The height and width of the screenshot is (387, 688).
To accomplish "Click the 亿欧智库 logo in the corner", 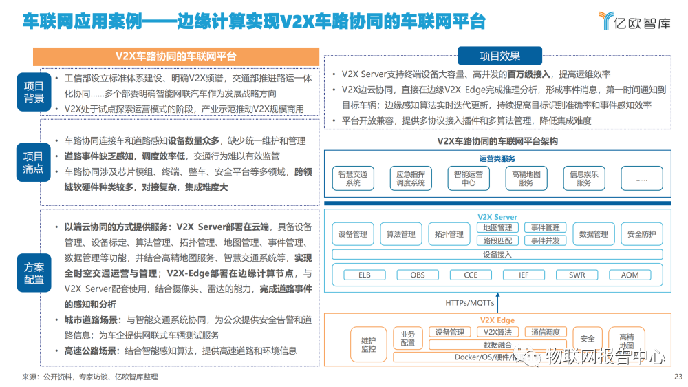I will click(x=634, y=21).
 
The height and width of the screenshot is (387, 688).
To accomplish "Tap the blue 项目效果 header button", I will click(x=500, y=56).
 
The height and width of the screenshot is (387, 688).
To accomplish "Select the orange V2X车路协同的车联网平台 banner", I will click(x=177, y=56).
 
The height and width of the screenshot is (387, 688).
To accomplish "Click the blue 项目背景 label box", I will click(x=34, y=92).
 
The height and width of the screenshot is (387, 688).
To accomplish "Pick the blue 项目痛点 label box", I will click(x=34, y=163).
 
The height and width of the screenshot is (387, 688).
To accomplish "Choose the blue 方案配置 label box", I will click(x=34, y=273).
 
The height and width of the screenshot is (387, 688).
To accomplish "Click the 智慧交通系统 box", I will click(x=353, y=178).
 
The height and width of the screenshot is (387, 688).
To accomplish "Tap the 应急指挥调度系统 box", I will click(x=411, y=178).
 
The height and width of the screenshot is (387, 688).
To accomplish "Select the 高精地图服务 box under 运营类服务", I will click(x=526, y=178).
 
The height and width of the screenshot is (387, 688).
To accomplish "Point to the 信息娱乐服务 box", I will click(x=583, y=178).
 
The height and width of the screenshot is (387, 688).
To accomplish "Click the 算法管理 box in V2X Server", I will click(x=401, y=234).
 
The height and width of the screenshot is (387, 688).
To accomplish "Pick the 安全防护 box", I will click(x=641, y=234).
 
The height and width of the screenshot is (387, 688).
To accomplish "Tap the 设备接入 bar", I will click(x=497, y=254).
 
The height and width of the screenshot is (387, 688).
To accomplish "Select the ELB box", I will click(x=364, y=275).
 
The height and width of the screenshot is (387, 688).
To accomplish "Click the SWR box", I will click(x=577, y=275).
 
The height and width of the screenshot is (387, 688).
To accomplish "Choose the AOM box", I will click(x=630, y=275).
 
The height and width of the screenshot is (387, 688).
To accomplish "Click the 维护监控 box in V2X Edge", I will click(x=369, y=344).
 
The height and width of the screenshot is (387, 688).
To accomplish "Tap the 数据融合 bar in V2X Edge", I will click(x=497, y=344).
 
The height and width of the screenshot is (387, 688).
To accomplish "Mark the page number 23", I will click(x=677, y=377).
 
